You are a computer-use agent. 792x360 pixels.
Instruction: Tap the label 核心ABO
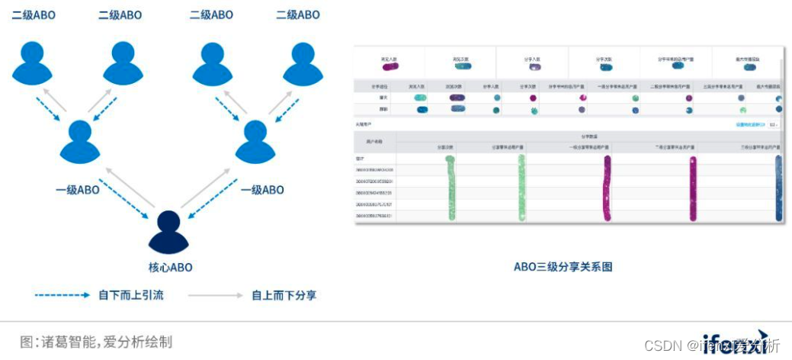pyautogui.click(x=171, y=268)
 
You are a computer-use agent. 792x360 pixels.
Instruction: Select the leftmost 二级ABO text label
pyautogui.click(x=34, y=15)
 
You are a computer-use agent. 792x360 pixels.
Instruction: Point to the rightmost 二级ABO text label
pyautogui.click(x=298, y=15)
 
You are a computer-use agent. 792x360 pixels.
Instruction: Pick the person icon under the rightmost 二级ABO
pyautogui.click(x=303, y=63)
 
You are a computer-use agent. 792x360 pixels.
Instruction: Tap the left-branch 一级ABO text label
pyautogui.click(x=78, y=190)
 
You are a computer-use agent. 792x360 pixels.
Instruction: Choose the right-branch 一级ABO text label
pyautogui.click(x=262, y=190)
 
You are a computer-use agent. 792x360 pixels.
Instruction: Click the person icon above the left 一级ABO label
pyautogui.click(x=79, y=141)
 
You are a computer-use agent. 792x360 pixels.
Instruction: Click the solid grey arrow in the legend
pyautogui.click(x=216, y=295)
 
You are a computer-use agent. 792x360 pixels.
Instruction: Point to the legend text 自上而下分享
pyautogui.click(x=284, y=295)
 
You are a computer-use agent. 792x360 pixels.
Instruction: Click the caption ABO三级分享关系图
pyautogui.click(x=563, y=267)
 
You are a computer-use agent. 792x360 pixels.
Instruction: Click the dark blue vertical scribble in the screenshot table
pyautogui.click(x=778, y=188)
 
